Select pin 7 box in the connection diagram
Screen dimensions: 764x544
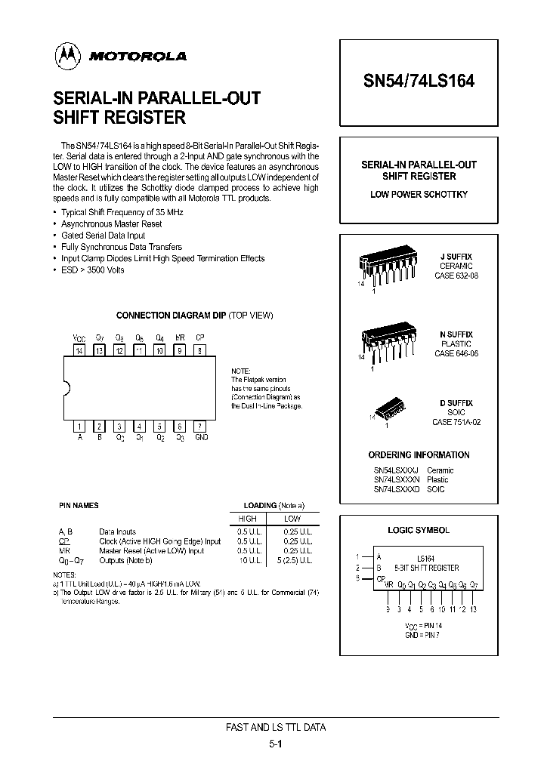click(x=199, y=426)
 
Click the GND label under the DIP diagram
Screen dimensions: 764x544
click(x=201, y=438)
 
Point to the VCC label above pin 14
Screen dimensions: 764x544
click(x=79, y=337)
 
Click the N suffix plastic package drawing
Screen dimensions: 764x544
click(x=387, y=343)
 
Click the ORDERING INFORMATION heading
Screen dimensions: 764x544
click(x=419, y=454)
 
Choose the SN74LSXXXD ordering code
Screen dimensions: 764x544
click(x=396, y=489)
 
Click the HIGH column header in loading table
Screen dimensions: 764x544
click(x=247, y=519)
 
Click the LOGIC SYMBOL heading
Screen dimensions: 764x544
click(x=419, y=530)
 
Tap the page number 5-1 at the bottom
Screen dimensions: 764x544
click(x=276, y=744)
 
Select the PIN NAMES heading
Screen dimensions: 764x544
click(x=79, y=505)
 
